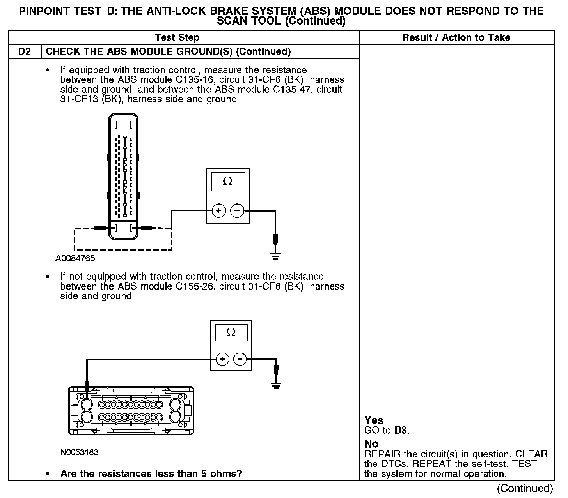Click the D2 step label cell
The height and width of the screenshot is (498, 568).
(25, 52)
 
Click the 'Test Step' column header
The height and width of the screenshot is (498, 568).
(177, 38)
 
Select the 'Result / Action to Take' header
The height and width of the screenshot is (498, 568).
(456, 38)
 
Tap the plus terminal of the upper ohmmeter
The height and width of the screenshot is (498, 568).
(219, 211)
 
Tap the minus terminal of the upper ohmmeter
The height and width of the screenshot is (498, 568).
(237, 211)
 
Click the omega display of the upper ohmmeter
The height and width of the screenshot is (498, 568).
(228, 182)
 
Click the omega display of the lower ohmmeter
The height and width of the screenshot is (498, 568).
(231, 332)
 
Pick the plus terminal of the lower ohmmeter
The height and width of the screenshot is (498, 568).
(222, 359)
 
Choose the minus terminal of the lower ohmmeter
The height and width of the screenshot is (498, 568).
(240, 359)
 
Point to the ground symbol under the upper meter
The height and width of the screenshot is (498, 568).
(275, 256)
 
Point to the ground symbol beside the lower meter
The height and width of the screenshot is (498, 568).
(276, 385)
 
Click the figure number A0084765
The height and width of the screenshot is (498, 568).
(75, 258)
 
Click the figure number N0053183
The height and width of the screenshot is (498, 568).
(79, 452)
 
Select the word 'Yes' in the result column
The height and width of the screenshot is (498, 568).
(374, 420)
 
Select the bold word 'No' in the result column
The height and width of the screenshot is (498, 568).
(371, 444)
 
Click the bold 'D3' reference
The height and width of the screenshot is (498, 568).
(401, 431)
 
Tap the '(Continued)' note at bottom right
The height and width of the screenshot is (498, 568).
(525, 488)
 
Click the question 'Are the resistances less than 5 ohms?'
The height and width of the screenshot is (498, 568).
(151, 474)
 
